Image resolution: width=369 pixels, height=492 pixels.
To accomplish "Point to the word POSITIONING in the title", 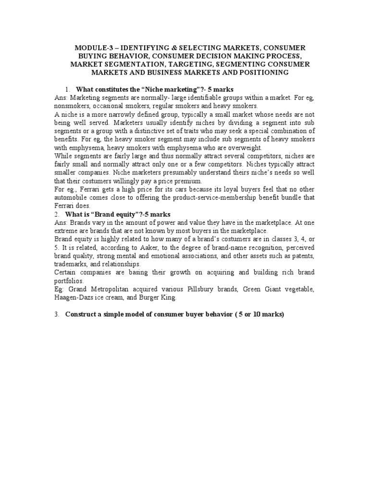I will tap(263, 72).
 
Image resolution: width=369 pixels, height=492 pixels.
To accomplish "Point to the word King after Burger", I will tap(168, 297).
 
